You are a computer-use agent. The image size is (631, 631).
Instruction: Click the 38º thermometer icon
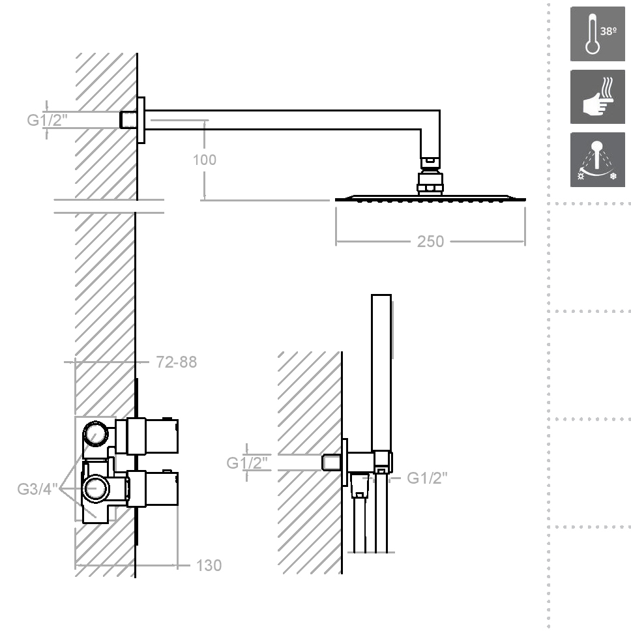[x=598, y=34]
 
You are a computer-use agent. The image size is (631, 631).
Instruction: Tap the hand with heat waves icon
[x=598, y=97]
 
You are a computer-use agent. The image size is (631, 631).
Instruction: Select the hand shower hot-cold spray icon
[x=598, y=160]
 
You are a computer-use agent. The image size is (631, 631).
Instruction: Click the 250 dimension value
[x=430, y=241]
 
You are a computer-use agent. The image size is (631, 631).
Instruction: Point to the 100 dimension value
[x=205, y=160]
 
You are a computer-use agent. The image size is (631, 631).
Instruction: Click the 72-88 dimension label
[x=176, y=362]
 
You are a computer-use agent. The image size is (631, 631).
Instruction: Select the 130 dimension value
[x=209, y=565]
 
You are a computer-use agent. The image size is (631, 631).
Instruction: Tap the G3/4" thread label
[x=37, y=490]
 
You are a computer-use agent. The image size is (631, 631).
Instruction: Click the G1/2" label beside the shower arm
[x=47, y=121]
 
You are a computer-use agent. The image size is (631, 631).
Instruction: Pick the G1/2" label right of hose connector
[x=427, y=478]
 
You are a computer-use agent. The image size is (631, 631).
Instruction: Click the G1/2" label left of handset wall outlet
[x=247, y=463]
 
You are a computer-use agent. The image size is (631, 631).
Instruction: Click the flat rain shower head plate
[x=431, y=198]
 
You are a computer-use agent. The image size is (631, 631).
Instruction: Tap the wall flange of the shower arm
[x=141, y=120]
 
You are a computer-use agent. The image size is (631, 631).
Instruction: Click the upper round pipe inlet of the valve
[x=96, y=434]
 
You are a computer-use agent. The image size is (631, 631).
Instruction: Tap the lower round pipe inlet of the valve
[x=96, y=488]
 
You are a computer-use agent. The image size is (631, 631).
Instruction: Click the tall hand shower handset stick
[x=381, y=372]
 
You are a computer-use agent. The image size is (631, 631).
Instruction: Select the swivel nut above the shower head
[x=430, y=183]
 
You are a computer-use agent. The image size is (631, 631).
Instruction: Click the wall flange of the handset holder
[x=345, y=462]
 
